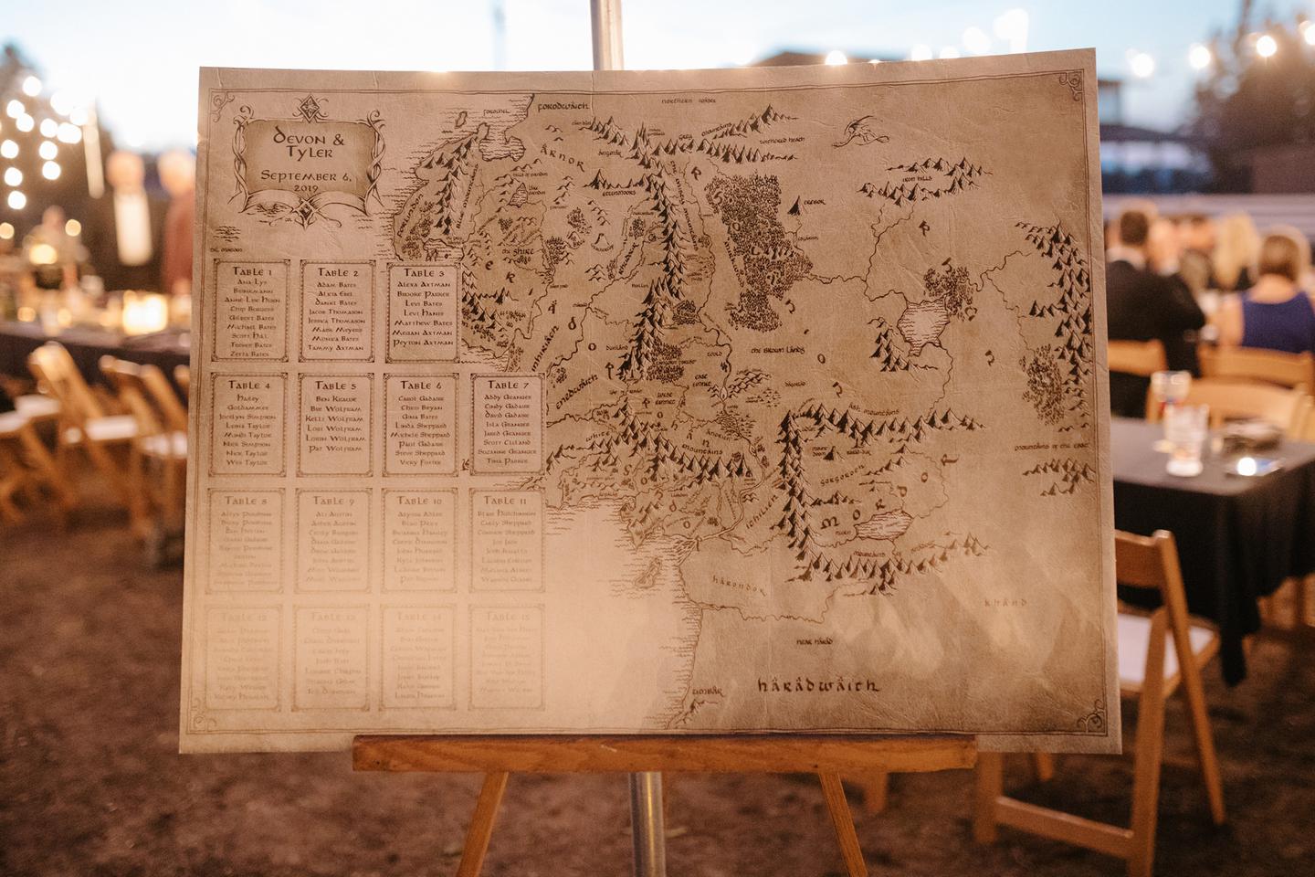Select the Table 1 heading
(x=250, y=271)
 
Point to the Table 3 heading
(x=421, y=272)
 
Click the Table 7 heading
(x=508, y=385)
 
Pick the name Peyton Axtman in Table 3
(x=422, y=343)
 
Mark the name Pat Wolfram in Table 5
(x=335, y=449)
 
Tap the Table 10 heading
(x=419, y=501)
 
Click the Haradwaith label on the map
(x=817, y=684)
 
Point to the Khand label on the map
(x=1005, y=603)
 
